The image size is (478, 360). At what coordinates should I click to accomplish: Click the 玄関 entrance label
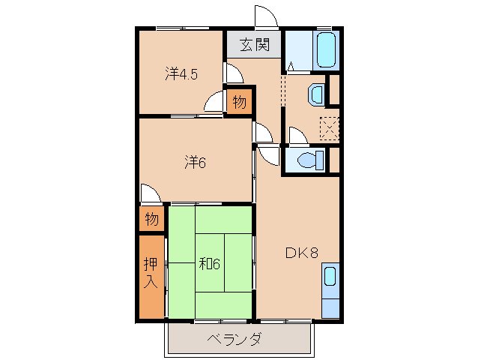click(x=254, y=44)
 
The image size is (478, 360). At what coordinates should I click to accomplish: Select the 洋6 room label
click(x=194, y=161)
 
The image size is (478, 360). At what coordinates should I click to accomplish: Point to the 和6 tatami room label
click(x=209, y=263)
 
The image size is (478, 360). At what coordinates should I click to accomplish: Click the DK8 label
click(x=302, y=253)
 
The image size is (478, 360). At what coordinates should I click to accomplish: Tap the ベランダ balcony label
click(x=235, y=339)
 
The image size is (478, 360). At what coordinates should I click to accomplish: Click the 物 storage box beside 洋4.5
click(x=239, y=101)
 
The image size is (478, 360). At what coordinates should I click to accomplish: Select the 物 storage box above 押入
click(x=151, y=220)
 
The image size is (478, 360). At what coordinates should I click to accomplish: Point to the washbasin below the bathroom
click(x=316, y=94)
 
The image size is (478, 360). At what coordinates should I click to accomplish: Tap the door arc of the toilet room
click(x=297, y=136)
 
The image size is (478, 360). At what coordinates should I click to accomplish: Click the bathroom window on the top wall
click(x=324, y=28)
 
